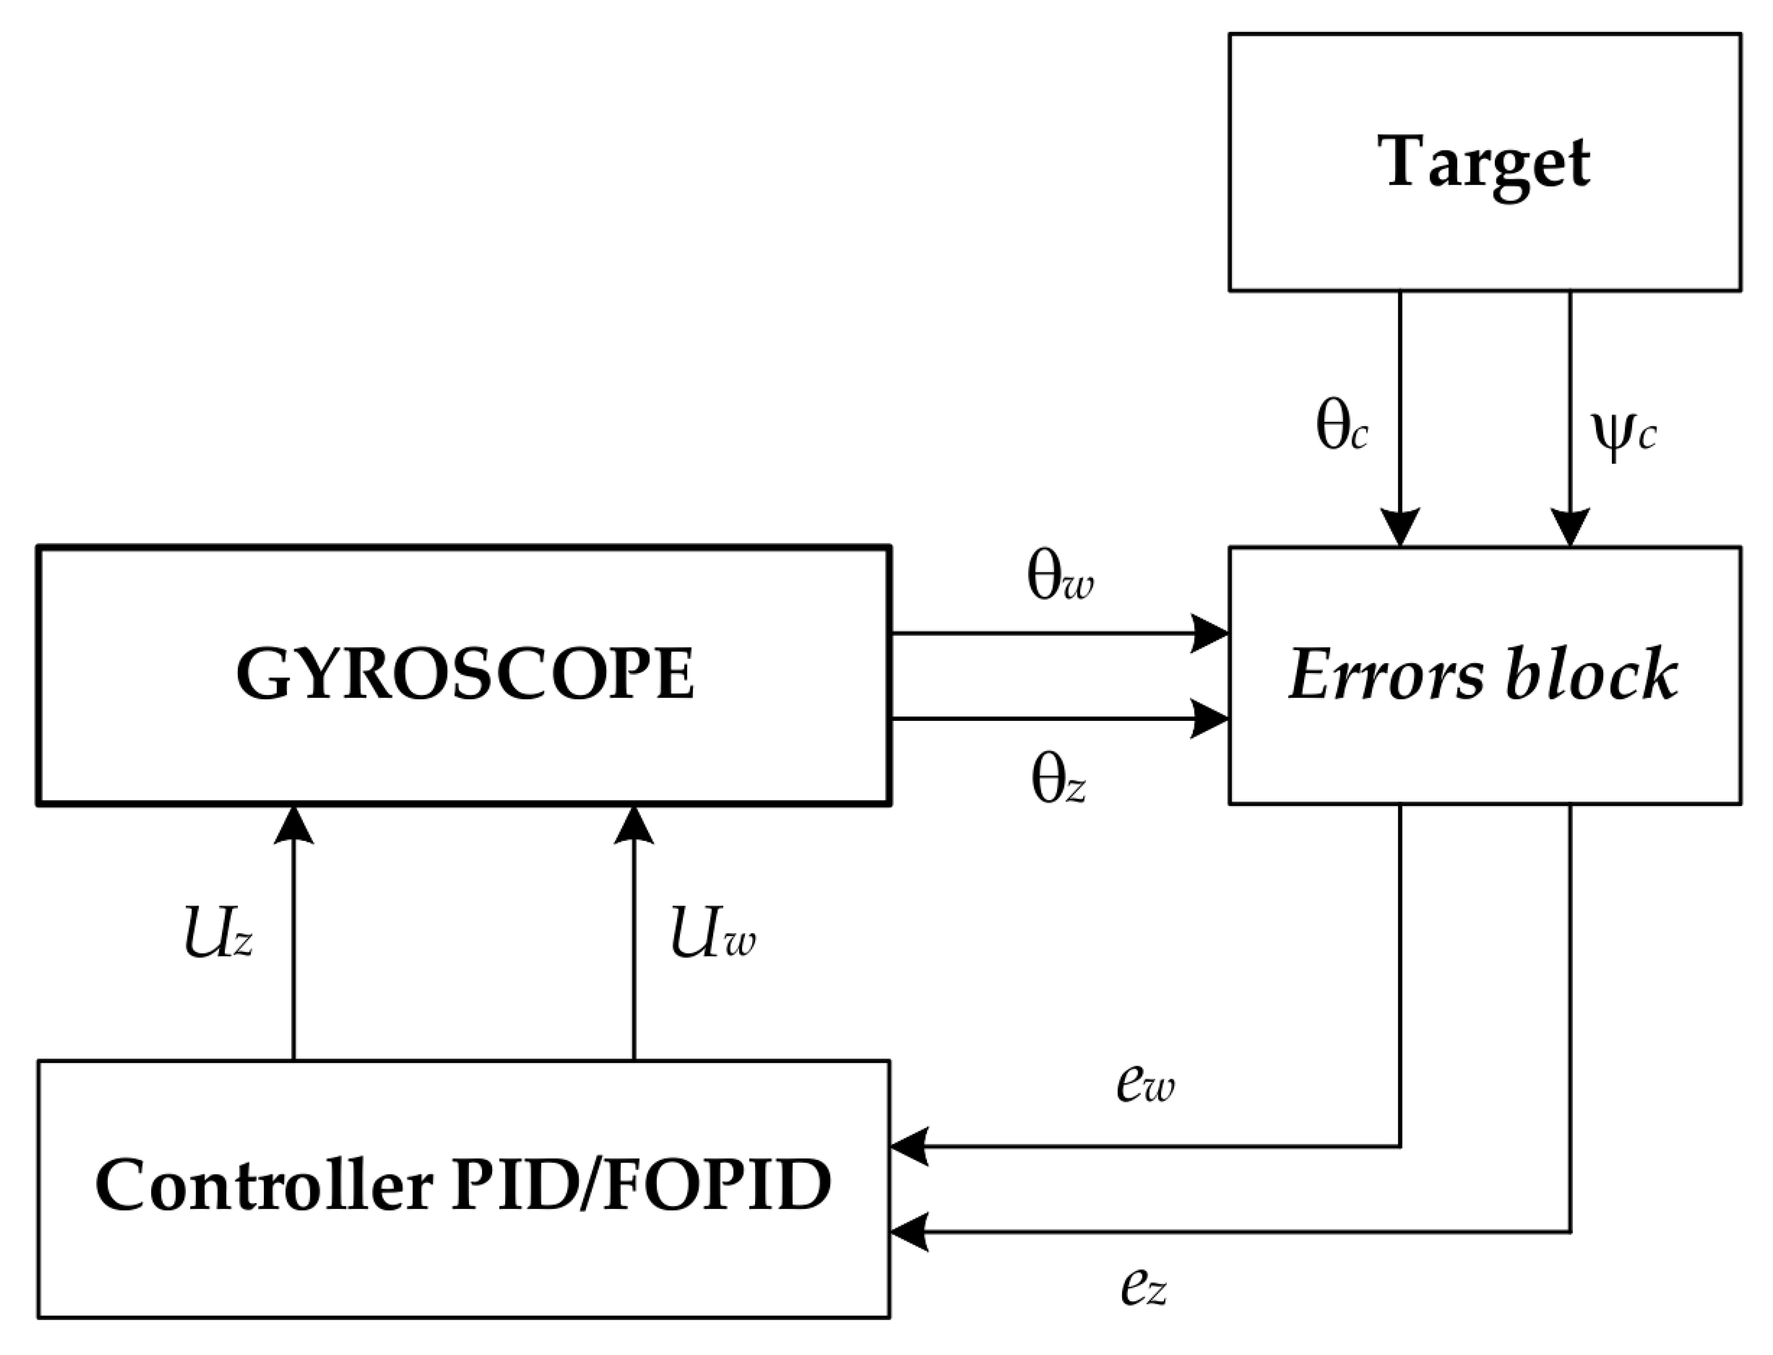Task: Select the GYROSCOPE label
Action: pyautogui.click(x=465, y=676)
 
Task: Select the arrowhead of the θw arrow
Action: pyautogui.click(x=1210, y=633)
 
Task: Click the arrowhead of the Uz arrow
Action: pyautogui.click(x=294, y=824)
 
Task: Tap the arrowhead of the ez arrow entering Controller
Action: pyautogui.click(x=909, y=1232)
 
